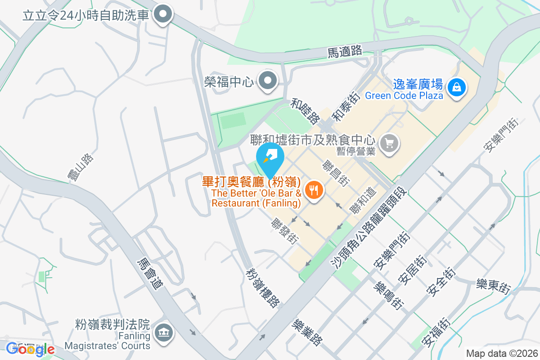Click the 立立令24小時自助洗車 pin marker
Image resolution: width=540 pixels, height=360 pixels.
click(163, 15)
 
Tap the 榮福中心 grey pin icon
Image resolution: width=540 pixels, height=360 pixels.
click(269, 81)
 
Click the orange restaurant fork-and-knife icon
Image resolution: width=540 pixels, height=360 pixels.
click(314, 190)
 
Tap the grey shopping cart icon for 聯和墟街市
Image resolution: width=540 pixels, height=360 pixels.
click(389, 144)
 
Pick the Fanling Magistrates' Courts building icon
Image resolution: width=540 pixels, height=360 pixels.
click(163, 333)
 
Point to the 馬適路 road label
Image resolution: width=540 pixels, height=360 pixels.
click(345, 52)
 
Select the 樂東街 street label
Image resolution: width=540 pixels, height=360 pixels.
click(494, 286)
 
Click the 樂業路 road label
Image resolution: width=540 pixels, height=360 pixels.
click(307, 333)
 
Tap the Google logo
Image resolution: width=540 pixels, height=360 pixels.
click(30, 349)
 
